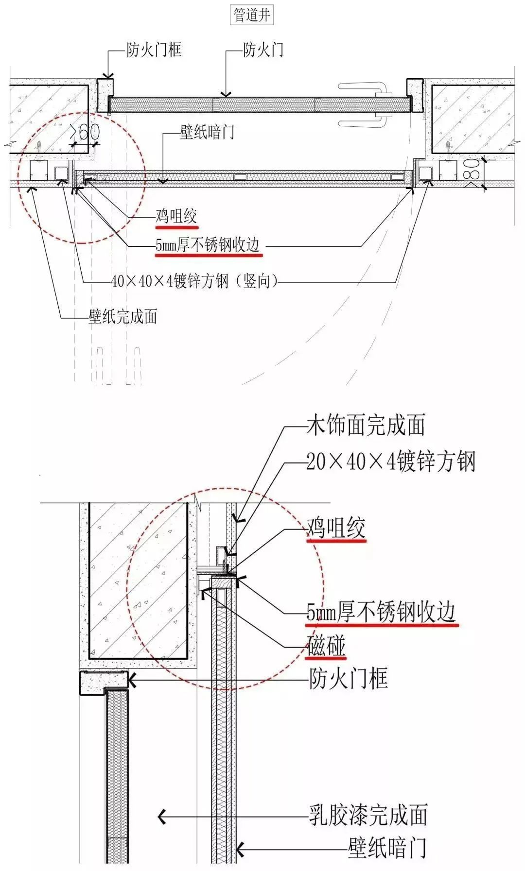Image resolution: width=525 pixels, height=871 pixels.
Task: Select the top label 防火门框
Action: pyautogui.click(x=154, y=50)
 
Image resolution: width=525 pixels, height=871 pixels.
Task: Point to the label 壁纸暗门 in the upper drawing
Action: pyautogui.click(x=207, y=132)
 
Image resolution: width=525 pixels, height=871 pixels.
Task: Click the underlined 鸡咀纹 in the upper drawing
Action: pyautogui.click(x=176, y=216)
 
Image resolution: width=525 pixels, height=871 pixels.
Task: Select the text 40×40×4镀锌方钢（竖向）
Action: pyautogui.click(x=194, y=281)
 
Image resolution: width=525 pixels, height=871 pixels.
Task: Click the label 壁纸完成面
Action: pyautogui.click(x=123, y=317)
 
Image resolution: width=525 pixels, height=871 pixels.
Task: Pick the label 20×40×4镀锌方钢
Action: pyautogui.click(x=391, y=461)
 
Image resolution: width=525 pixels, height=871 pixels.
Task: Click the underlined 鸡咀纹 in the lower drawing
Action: pyautogui.click(x=336, y=529)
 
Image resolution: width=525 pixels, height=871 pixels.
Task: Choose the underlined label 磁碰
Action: pyautogui.click(x=326, y=647)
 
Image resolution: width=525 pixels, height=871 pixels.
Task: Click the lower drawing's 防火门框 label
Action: pyautogui.click(x=349, y=678)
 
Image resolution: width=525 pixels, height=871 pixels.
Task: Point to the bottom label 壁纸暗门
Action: pyautogui.click(x=387, y=848)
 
